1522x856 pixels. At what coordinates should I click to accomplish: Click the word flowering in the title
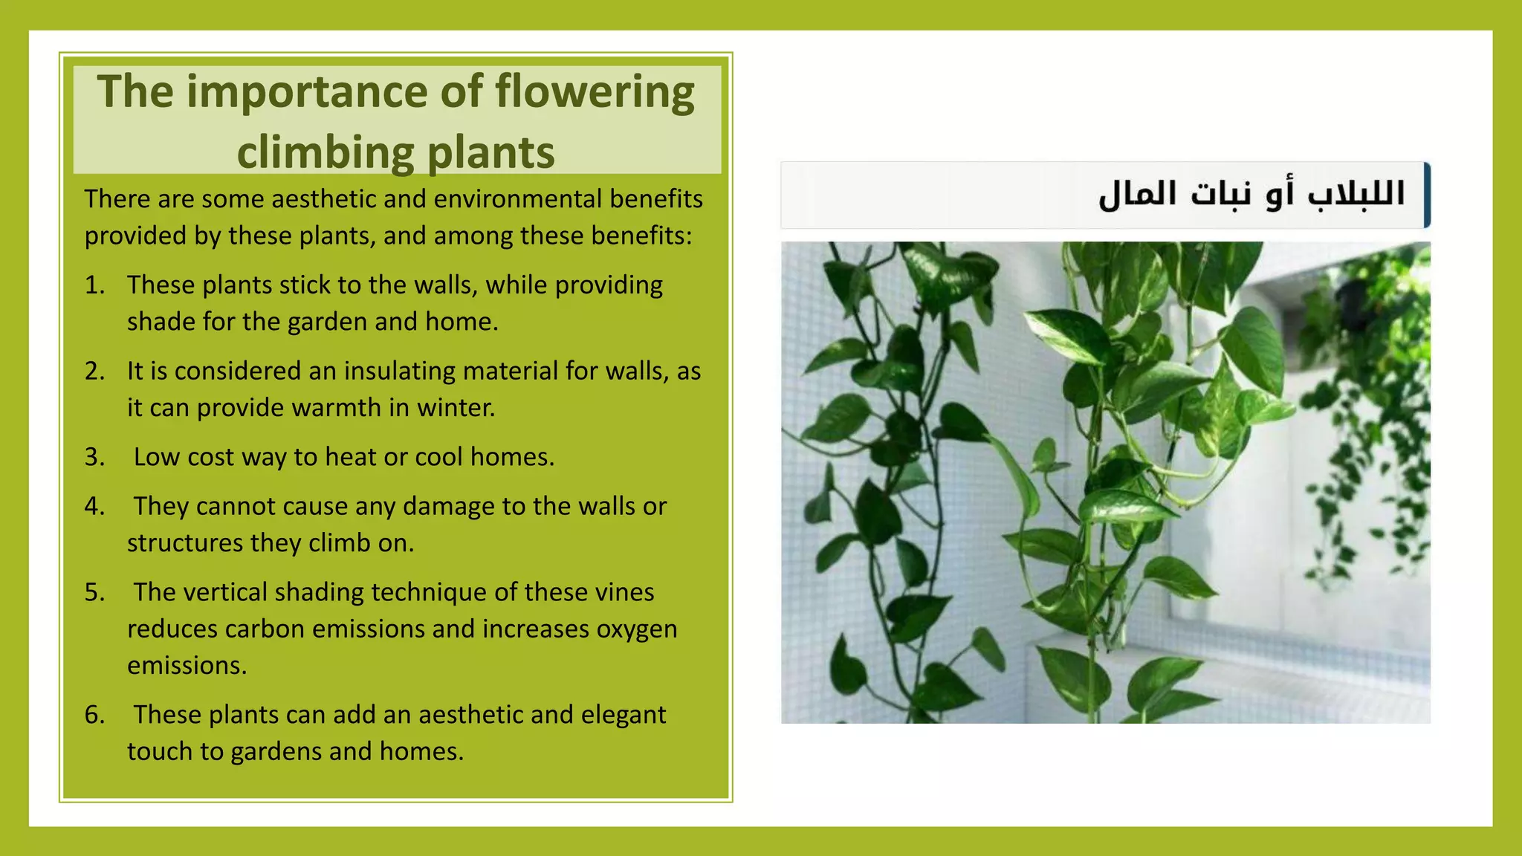[x=595, y=93]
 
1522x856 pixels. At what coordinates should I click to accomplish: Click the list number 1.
[x=94, y=285]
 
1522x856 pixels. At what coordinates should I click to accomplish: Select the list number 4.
[x=94, y=507]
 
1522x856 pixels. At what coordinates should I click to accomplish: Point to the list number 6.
[x=94, y=715]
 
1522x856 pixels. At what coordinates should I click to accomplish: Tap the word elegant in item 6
[x=623, y=715]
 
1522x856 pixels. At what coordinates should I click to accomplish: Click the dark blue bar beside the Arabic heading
[x=1427, y=195]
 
